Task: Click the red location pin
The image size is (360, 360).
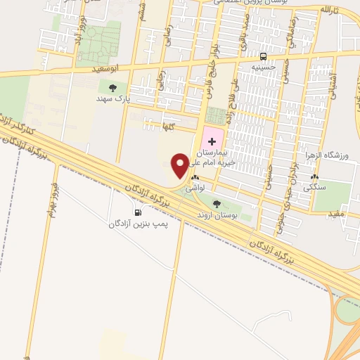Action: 180,166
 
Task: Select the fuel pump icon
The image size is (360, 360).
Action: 136,212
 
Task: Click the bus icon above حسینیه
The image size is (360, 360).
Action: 263,56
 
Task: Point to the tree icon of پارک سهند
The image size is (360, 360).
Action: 112,87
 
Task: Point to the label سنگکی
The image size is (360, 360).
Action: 315,188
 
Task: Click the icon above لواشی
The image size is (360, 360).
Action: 194,179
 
